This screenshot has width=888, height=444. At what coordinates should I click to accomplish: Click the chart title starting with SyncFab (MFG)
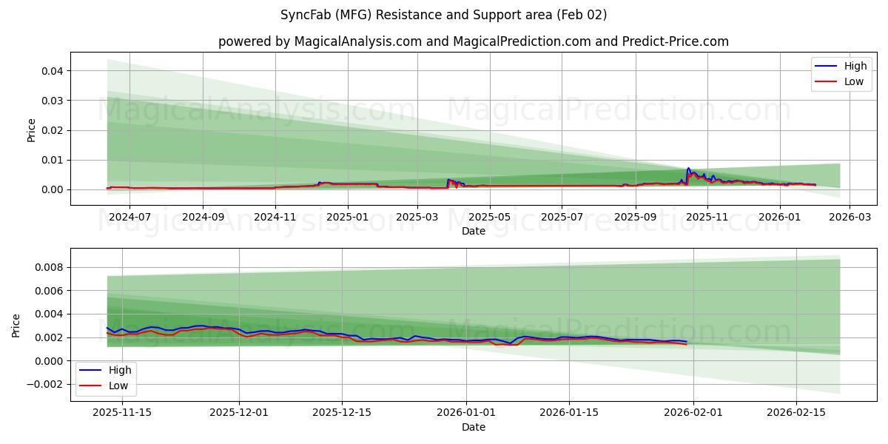pyautogui.click(x=444, y=15)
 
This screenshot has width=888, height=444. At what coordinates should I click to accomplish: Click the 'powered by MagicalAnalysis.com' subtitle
pyautogui.click(x=474, y=41)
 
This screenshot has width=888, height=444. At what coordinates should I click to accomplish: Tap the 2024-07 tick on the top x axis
pyautogui.click(x=129, y=218)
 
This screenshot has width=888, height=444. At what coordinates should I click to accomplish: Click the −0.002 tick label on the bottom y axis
pyautogui.click(x=45, y=384)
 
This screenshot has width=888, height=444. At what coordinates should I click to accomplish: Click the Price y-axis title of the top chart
pyautogui.click(x=31, y=129)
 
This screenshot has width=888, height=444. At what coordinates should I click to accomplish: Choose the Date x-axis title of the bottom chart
pyautogui.click(x=474, y=427)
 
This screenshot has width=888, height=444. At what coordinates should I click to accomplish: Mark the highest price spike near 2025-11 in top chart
pyautogui.click(x=688, y=169)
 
